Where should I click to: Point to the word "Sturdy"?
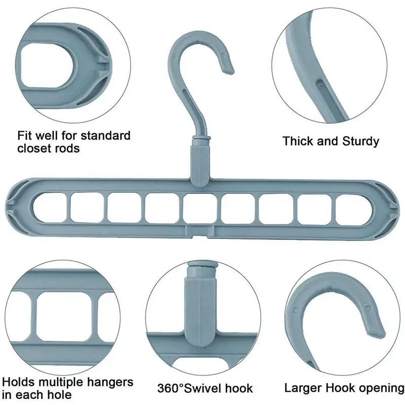click(359, 141)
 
